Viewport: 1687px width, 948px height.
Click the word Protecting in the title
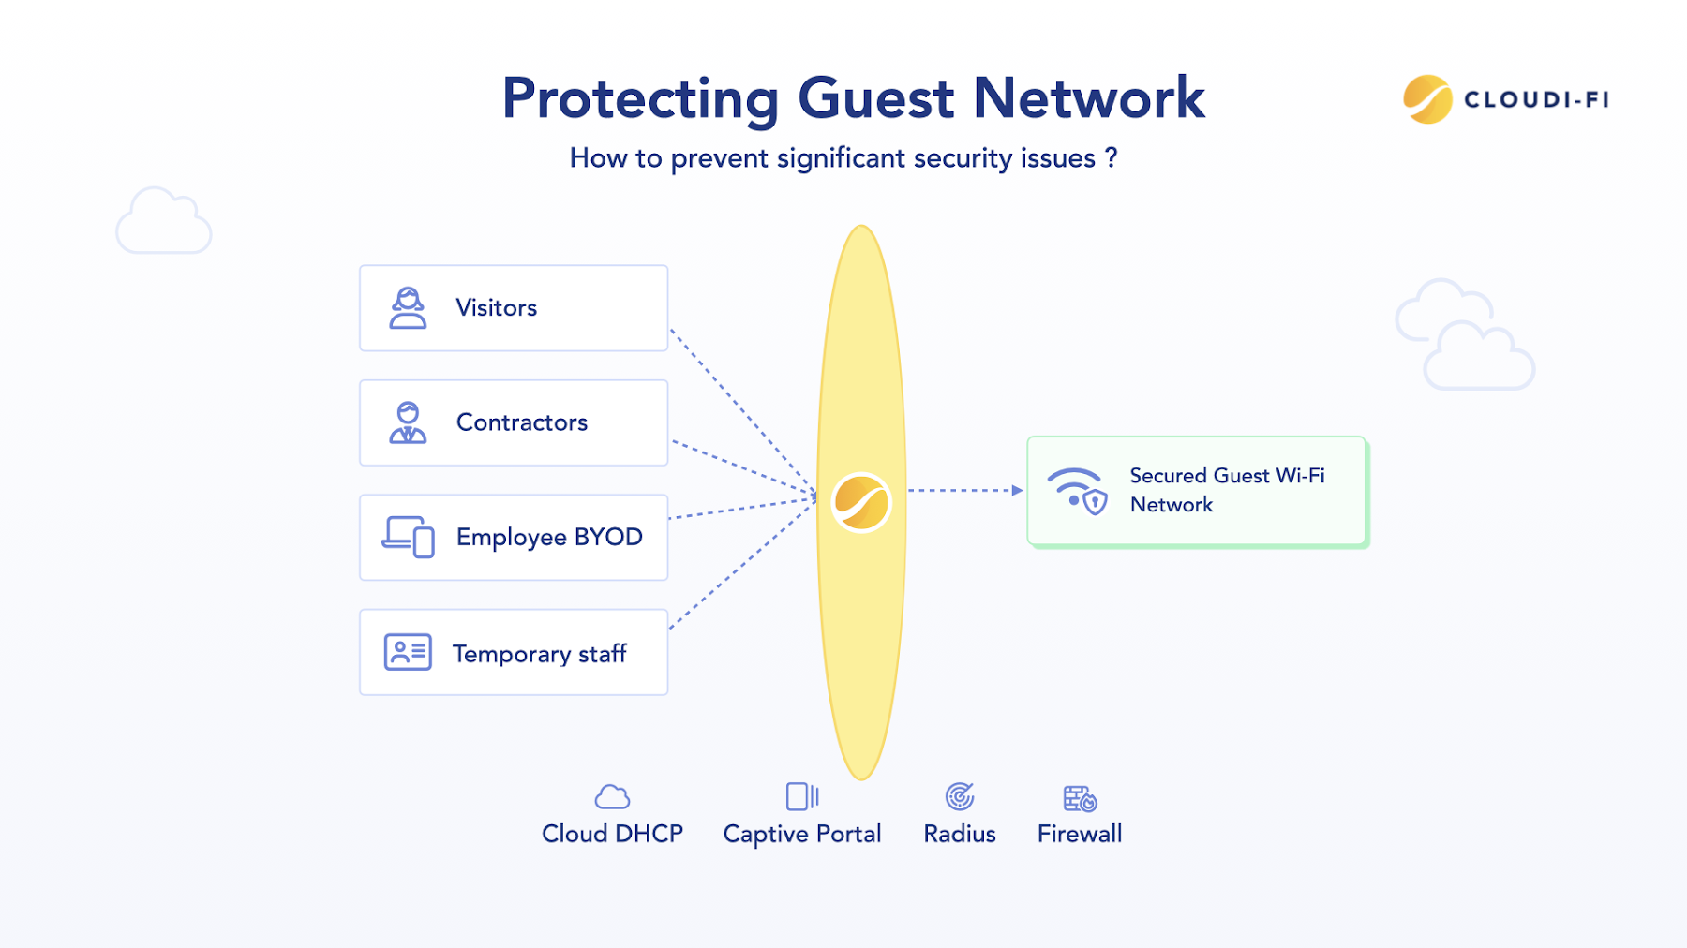pyautogui.click(x=640, y=99)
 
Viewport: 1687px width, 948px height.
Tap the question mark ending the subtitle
pyautogui.click(x=1112, y=157)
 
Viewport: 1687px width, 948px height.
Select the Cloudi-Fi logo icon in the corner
pyautogui.click(x=1426, y=99)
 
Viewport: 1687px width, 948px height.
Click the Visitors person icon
pyautogui.click(x=408, y=308)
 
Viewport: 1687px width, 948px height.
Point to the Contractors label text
pyautogui.click(x=522, y=422)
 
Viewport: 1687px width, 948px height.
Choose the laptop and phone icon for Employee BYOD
pyautogui.click(x=409, y=537)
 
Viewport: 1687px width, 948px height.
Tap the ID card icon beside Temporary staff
pyautogui.click(x=408, y=652)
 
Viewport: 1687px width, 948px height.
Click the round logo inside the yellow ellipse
pyautogui.click(x=861, y=502)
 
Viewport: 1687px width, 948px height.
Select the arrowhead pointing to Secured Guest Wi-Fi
pyautogui.click(x=1017, y=490)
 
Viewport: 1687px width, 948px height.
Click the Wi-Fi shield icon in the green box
pyautogui.click(x=1078, y=491)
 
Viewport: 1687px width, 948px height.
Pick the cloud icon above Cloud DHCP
pyautogui.click(x=612, y=797)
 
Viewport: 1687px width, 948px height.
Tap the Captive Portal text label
pyautogui.click(x=802, y=834)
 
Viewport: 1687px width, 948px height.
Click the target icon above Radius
pyautogui.click(x=960, y=797)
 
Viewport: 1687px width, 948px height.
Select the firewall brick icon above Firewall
pyautogui.click(x=1080, y=798)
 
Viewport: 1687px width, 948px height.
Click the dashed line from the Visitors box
pyautogui.click(x=740, y=408)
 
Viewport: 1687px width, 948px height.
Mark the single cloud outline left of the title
pyautogui.click(x=164, y=222)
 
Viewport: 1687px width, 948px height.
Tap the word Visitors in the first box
pyautogui.click(x=496, y=308)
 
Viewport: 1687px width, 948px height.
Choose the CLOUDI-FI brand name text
pyautogui.click(x=1536, y=100)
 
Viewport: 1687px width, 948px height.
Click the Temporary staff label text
pyautogui.click(x=539, y=653)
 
